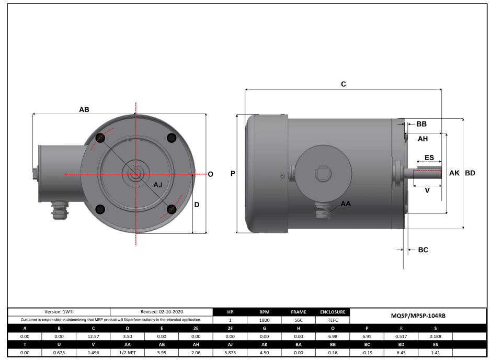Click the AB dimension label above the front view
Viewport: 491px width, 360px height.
pyautogui.click(x=84, y=109)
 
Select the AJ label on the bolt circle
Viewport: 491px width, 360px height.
pyautogui.click(x=158, y=185)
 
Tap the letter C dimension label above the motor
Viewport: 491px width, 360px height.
pyautogui.click(x=344, y=84)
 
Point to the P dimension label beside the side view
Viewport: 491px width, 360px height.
pyautogui.click(x=232, y=173)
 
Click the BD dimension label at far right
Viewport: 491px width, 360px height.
pyautogui.click(x=470, y=173)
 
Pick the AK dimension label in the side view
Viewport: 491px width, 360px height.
pyautogui.click(x=454, y=173)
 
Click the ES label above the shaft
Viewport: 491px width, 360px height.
pyautogui.click(x=429, y=157)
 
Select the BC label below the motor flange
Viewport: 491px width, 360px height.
pyautogui.click(x=423, y=250)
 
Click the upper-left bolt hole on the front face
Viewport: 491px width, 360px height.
pyautogui.click(x=100, y=138)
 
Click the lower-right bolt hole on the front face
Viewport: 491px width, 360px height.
pyautogui.click(x=171, y=209)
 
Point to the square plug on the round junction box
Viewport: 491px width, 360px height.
pyautogui.click(x=321, y=173)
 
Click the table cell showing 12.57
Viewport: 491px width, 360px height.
pyautogui.click(x=93, y=336)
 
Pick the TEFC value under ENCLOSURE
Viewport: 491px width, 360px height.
pyautogui.click(x=332, y=319)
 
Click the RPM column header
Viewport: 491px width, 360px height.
pyautogui.click(x=264, y=311)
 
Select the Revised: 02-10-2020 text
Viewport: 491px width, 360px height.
pyautogui.click(x=162, y=311)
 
